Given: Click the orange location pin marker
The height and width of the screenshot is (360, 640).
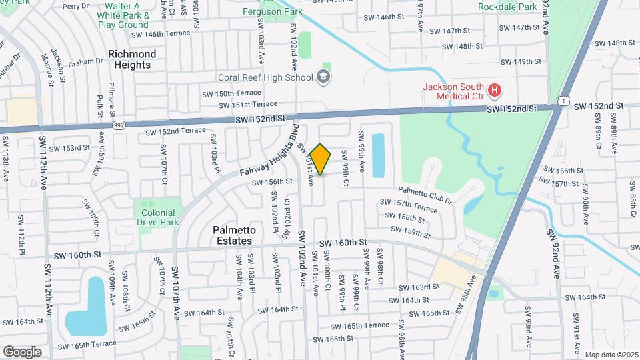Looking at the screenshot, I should point(321,159).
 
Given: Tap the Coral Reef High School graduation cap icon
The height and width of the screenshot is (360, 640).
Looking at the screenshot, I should point(323,77).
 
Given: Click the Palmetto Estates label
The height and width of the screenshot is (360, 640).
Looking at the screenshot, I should point(233,235).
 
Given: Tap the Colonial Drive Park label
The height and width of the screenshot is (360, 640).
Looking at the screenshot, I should point(158,217).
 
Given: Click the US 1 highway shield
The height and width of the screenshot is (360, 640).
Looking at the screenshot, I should point(564,101).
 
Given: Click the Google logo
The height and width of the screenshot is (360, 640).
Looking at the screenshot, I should point(22,351).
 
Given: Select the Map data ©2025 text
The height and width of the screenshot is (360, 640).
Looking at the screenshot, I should point(611,355).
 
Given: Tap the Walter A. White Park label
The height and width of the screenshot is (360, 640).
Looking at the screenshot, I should point(123,15).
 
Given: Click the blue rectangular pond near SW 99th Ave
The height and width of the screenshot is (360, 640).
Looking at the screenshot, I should point(377,155).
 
